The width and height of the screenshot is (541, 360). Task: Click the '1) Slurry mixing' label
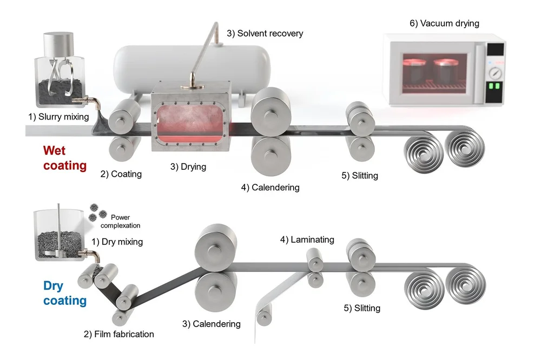[59, 115]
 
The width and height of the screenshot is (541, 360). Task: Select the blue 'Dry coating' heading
[65, 292]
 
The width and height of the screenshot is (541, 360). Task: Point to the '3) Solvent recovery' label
[265, 34]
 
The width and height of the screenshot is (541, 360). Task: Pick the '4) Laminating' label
[307, 239]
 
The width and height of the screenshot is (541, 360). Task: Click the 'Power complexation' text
[121, 222]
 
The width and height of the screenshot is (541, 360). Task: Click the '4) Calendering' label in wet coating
[270, 188]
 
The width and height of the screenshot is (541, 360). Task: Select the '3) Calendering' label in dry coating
[211, 324]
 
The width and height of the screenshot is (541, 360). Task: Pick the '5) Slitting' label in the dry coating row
[362, 308]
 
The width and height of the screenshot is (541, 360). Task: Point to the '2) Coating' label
[121, 174]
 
